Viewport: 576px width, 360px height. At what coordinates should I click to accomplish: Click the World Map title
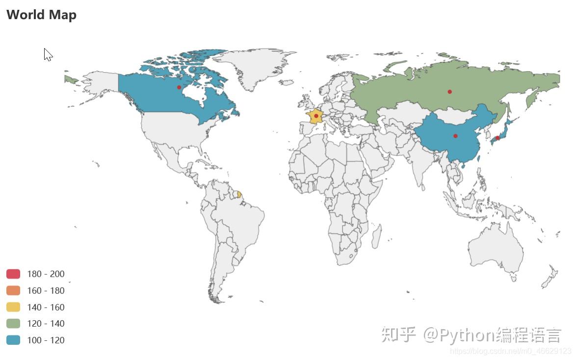pos(41,15)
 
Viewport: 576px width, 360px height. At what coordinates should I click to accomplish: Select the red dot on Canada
pos(179,87)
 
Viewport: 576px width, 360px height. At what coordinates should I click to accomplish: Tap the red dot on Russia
pos(449,92)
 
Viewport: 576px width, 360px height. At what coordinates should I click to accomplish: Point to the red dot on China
pos(455,136)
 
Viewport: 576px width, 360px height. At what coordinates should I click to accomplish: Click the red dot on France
pos(316,116)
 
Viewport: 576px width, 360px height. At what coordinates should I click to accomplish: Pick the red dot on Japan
pos(497,138)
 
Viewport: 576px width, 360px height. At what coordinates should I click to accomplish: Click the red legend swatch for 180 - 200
pos(13,274)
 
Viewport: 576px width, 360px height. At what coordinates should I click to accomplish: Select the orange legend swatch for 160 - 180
pos(13,290)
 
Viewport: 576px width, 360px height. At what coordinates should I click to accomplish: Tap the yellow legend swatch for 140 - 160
pos(13,307)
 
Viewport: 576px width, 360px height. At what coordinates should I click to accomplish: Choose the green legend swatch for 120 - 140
pos(13,323)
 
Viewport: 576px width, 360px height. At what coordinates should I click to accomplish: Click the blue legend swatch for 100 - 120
pos(13,340)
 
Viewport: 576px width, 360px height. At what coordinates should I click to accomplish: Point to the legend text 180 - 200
pos(46,274)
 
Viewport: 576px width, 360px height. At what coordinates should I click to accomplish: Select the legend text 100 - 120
pos(46,340)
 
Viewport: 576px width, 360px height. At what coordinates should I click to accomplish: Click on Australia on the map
pos(496,250)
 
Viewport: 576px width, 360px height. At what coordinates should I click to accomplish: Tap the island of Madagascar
pos(376,237)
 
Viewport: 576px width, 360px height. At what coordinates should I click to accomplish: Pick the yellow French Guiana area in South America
pos(239,195)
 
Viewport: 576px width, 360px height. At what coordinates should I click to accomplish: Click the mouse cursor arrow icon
pos(48,54)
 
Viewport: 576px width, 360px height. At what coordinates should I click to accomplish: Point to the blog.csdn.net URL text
pos(510,351)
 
